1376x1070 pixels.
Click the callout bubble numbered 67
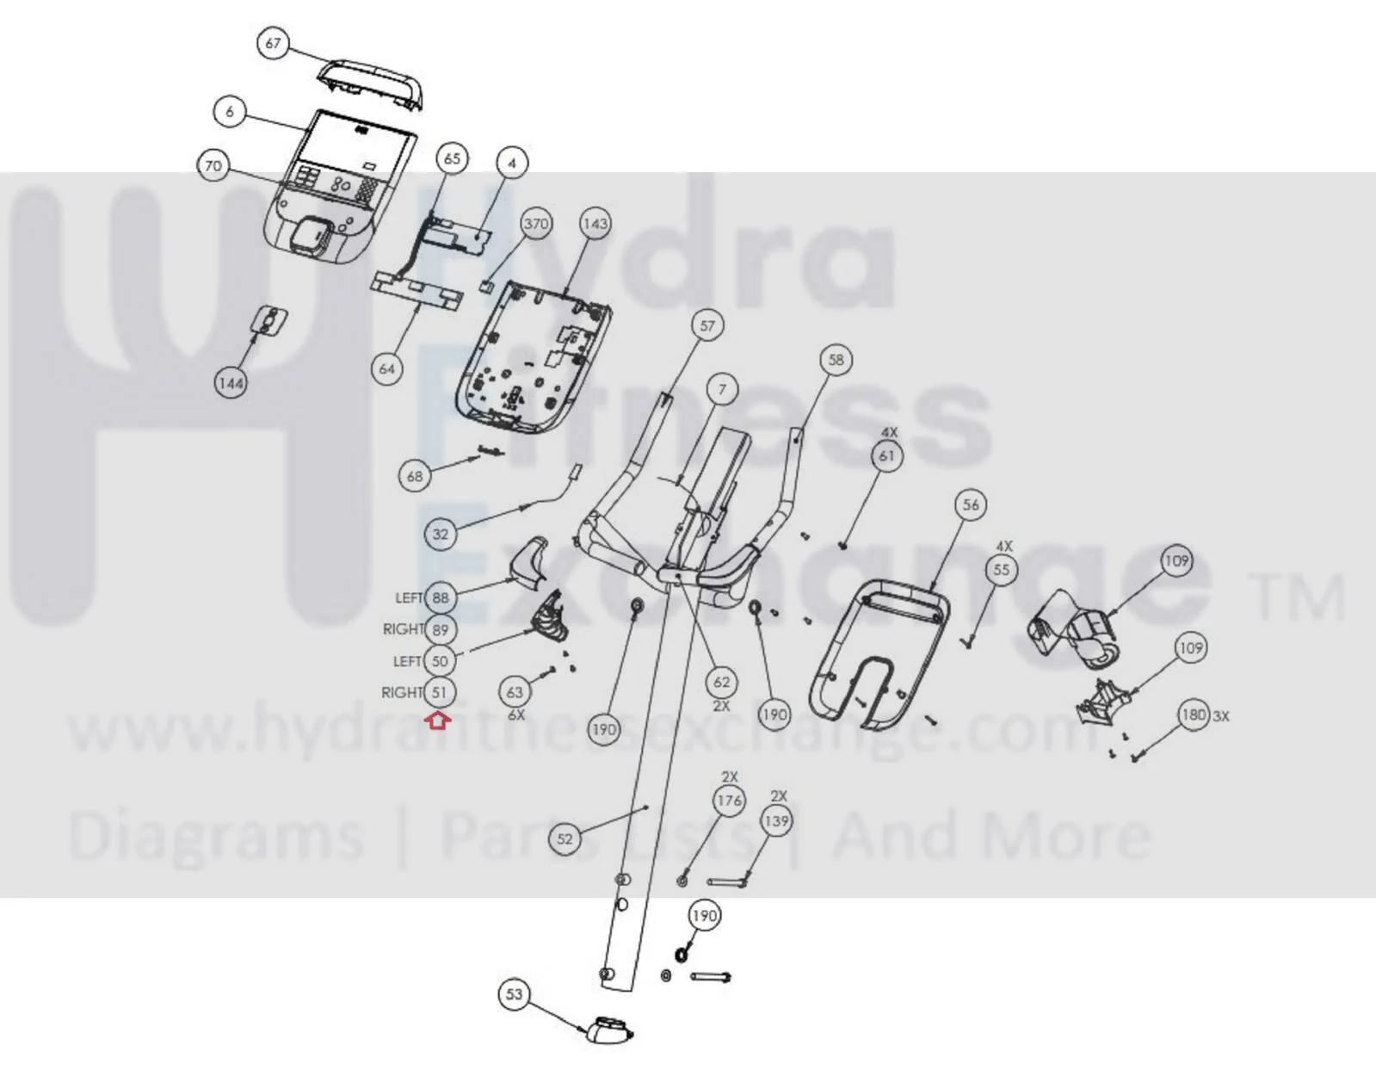tap(273, 44)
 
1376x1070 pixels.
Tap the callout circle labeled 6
tap(230, 112)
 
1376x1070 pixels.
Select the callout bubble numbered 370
tap(536, 224)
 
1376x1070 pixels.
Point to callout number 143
tap(595, 224)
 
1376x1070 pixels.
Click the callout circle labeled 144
tap(231, 384)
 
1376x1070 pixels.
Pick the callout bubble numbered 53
tap(515, 994)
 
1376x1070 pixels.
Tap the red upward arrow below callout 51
tap(439, 721)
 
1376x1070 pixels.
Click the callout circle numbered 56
tap(971, 504)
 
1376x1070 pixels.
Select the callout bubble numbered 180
tap(1193, 714)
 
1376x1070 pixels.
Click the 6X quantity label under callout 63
tap(516, 715)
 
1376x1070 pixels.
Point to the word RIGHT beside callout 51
tap(402, 693)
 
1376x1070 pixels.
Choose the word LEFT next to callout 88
tap(409, 597)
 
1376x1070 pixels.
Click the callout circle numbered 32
tap(440, 534)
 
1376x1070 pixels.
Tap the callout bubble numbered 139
tap(776, 821)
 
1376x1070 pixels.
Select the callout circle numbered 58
tap(836, 360)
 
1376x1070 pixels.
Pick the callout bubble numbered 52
tap(565, 839)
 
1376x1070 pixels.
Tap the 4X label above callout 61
tap(889, 432)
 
